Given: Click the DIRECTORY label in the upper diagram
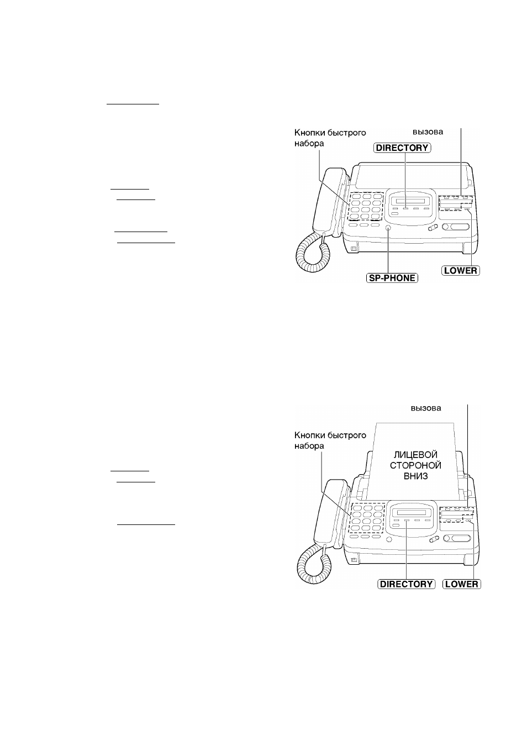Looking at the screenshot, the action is (402, 148).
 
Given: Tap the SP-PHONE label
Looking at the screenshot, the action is (392, 278).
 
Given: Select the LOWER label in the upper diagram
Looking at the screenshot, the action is (461, 270).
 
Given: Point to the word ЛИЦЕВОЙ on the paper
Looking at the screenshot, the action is (415, 455).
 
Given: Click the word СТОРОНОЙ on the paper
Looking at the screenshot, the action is (415, 465).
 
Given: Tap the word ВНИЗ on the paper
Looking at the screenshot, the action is (415, 476).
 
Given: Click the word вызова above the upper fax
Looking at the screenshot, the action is (428, 132).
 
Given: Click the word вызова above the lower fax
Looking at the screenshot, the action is (426, 408).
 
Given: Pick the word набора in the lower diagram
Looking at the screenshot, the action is (309, 446).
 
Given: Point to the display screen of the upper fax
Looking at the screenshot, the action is (410, 202).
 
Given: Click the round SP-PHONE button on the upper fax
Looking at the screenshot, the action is (388, 228).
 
